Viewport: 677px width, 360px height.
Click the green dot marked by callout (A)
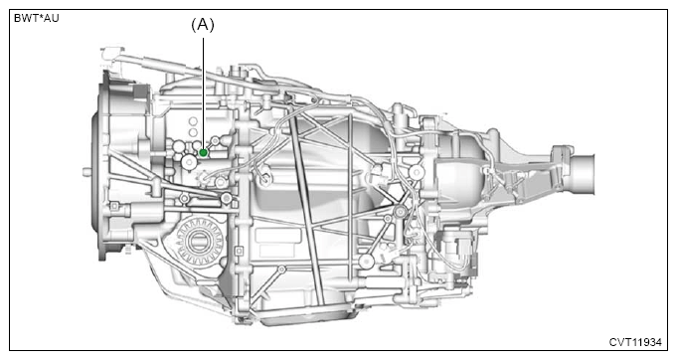tap(204, 152)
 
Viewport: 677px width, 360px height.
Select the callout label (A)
tap(203, 25)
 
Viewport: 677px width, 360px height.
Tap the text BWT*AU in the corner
tap(36, 19)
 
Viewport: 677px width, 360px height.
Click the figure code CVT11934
tap(635, 342)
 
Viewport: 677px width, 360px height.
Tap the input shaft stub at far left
tap(86, 172)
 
